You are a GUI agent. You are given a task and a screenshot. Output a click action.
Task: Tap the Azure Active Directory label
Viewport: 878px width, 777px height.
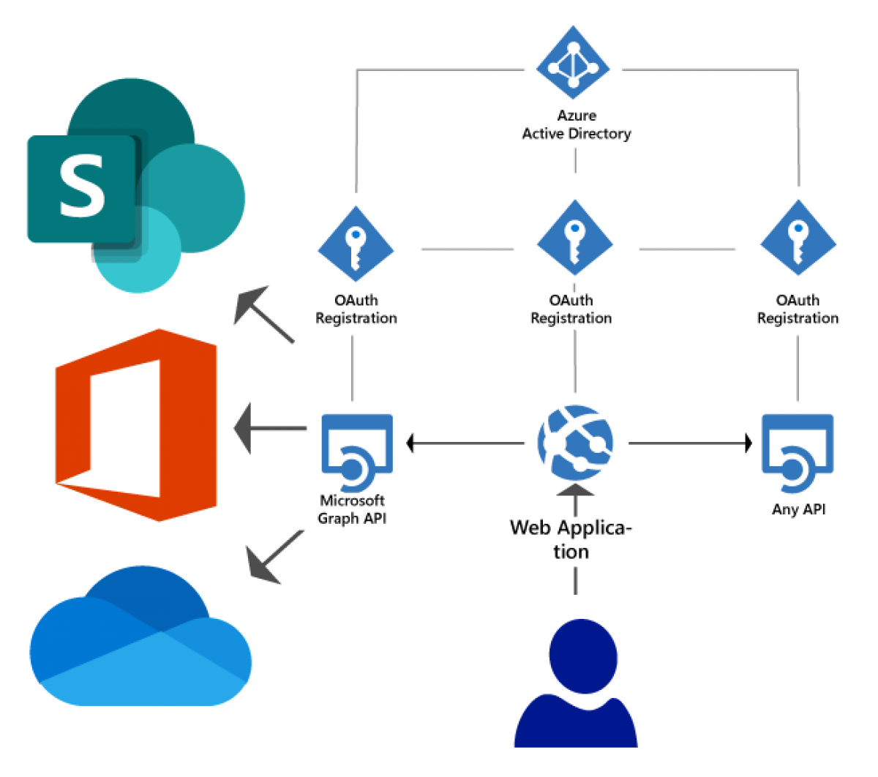(x=577, y=126)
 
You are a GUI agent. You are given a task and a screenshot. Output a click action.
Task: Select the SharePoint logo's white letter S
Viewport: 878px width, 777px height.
(x=81, y=188)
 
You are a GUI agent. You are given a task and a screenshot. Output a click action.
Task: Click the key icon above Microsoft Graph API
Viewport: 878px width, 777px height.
(x=356, y=244)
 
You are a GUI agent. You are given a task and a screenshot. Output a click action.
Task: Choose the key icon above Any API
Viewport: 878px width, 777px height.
(x=798, y=236)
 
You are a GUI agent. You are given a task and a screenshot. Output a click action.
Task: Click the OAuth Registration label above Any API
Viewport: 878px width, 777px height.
(x=798, y=309)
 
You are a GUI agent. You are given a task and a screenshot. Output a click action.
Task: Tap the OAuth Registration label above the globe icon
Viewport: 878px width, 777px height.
(x=571, y=309)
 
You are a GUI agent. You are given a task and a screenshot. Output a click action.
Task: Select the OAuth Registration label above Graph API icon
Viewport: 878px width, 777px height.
(x=356, y=309)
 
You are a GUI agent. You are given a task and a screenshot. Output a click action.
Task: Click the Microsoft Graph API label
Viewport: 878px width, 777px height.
(x=351, y=510)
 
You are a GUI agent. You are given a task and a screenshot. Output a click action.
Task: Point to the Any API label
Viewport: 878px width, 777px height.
(x=798, y=510)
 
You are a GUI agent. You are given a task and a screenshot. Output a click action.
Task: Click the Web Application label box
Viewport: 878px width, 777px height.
(x=571, y=539)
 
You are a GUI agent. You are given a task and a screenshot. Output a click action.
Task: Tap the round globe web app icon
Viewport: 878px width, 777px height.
(x=575, y=442)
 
